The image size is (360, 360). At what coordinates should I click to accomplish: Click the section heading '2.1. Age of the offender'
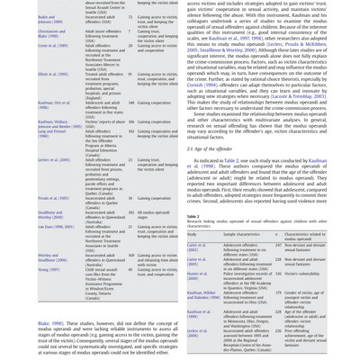click(211, 148)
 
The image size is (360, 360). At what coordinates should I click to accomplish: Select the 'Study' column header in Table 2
click(192, 234)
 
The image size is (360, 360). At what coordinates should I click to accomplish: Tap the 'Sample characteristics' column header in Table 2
click(242, 234)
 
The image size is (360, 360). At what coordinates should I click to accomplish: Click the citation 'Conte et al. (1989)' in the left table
click(52, 46)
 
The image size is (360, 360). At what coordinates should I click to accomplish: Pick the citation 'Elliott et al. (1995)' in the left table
click(53, 75)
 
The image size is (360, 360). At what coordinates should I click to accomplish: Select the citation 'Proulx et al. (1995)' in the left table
click(53, 199)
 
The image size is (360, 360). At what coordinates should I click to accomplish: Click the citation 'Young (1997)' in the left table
click(49, 269)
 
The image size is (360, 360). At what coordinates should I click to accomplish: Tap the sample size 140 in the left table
click(130, 103)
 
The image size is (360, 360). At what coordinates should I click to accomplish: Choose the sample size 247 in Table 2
click(278, 245)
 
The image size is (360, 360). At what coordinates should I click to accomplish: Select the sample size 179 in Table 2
click(278, 293)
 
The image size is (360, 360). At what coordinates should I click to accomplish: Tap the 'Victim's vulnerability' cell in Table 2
click(301, 274)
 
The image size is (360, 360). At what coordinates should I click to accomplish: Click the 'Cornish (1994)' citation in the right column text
click(202, 85)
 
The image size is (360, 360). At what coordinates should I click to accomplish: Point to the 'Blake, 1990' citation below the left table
click(50, 324)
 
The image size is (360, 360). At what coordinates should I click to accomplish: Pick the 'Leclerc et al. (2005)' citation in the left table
click(54, 161)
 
